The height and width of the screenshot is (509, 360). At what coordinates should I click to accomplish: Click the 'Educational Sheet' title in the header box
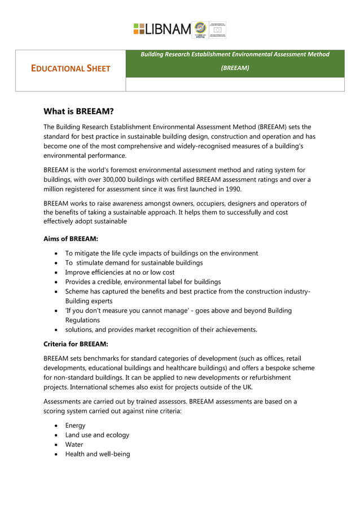71,69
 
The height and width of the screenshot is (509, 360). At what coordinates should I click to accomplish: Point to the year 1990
233,189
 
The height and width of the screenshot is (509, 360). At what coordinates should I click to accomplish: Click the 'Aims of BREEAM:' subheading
71,239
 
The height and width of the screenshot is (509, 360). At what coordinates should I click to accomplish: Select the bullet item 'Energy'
75,425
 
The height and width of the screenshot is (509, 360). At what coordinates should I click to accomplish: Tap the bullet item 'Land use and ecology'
97,435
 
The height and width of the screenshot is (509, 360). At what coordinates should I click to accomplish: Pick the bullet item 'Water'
74,445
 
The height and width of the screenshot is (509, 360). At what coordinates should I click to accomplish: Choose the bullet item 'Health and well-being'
97,454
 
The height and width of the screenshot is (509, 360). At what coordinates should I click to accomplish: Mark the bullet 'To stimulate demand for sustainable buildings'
134,263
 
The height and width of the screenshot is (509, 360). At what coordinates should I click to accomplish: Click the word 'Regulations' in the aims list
83,320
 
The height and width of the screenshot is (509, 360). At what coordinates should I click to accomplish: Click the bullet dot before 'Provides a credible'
56,282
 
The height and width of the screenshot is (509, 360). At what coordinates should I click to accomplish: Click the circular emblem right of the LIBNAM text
200,29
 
